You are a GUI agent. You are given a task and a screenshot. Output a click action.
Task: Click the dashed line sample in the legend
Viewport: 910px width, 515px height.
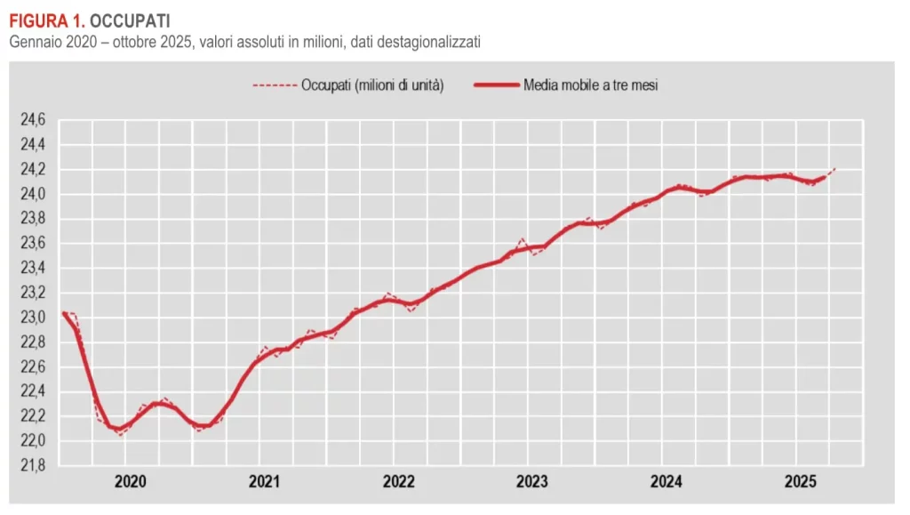274,85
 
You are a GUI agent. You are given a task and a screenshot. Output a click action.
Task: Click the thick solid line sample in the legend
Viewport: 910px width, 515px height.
493,85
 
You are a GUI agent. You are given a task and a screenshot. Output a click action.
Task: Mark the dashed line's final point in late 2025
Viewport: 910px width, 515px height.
835,168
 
